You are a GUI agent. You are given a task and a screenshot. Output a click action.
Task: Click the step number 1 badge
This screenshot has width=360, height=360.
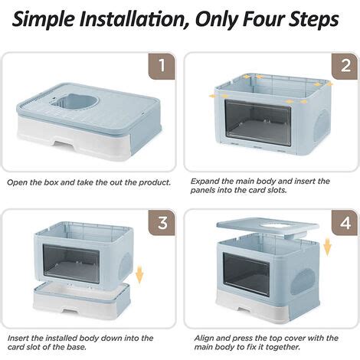tap(162, 66)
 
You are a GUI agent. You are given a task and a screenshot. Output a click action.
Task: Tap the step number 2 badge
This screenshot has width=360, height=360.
tap(345, 66)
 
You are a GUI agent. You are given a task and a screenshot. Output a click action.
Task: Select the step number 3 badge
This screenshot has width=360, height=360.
tap(162, 222)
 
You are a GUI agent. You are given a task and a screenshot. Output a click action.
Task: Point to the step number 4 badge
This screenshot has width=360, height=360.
tap(345, 222)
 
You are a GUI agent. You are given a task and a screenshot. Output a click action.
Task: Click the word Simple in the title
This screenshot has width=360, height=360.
tap(43, 20)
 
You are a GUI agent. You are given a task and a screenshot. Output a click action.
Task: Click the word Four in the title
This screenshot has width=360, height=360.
tap(263, 18)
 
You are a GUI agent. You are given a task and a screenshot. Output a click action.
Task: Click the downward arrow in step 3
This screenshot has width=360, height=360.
tap(139, 274)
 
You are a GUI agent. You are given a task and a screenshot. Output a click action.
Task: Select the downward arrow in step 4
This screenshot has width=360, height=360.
tap(327, 247)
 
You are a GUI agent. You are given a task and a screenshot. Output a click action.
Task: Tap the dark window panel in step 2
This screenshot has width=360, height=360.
tap(258, 122)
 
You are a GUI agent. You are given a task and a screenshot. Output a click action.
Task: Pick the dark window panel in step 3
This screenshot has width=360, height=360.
tap(71, 263)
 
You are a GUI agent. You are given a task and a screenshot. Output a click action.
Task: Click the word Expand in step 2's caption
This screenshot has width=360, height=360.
tap(205, 182)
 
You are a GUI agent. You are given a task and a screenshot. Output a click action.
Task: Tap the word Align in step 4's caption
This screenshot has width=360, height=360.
tap(204, 339)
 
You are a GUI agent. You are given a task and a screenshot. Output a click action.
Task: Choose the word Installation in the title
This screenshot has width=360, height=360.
tap(135, 18)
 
